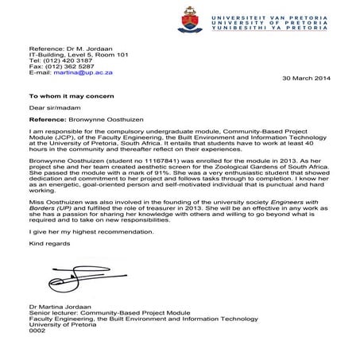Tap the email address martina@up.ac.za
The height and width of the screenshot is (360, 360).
(83, 72)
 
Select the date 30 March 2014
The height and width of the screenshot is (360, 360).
(306, 80)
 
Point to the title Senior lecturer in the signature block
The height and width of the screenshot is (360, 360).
(52, 324)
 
